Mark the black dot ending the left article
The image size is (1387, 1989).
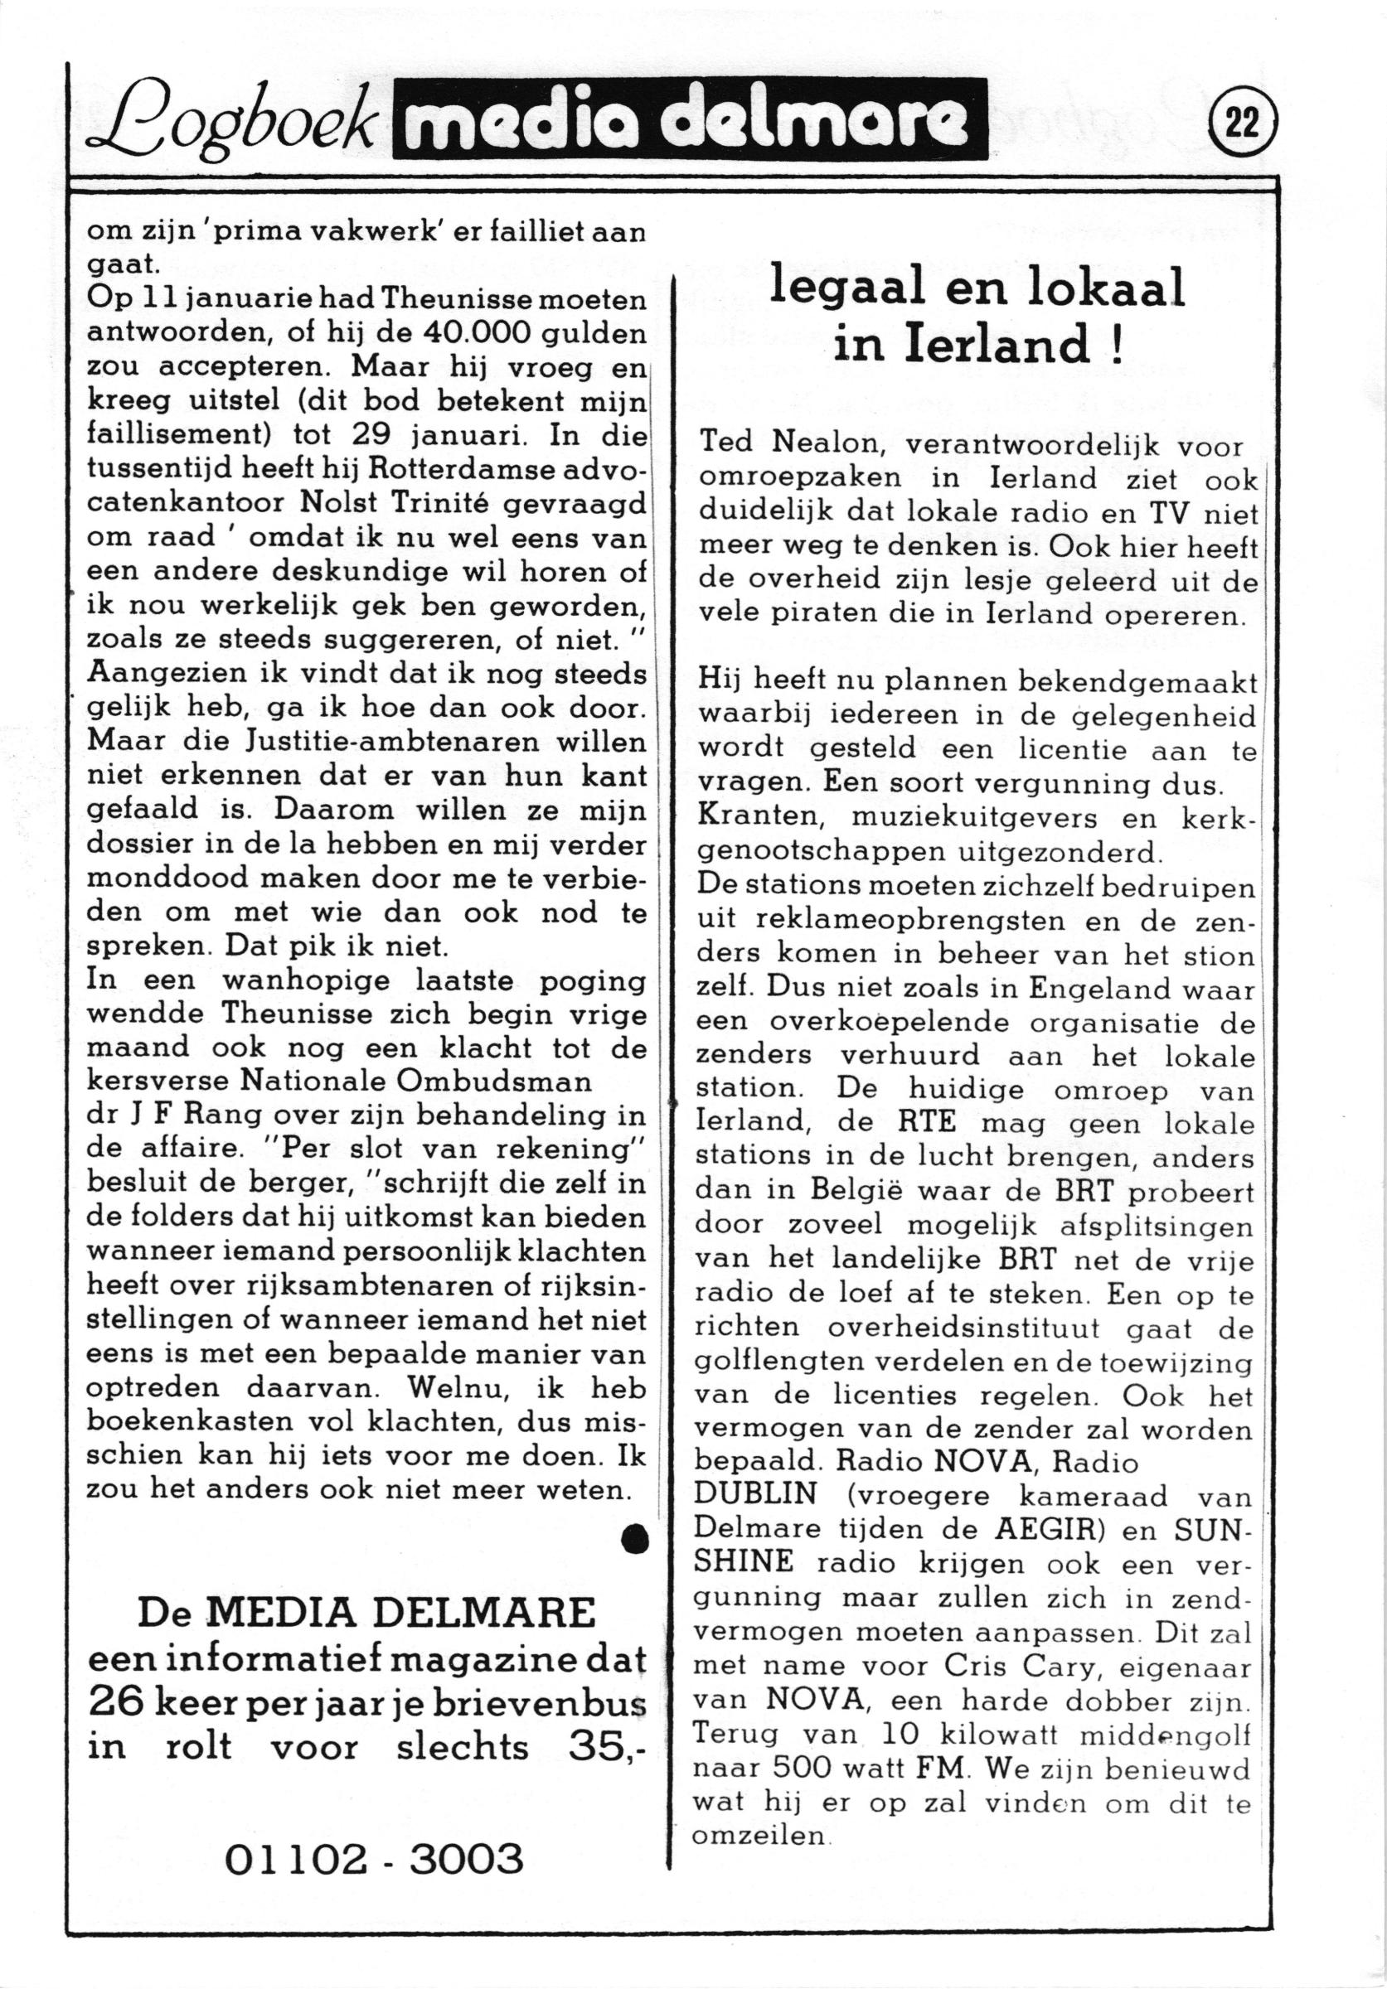click(x=637, y=1541)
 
